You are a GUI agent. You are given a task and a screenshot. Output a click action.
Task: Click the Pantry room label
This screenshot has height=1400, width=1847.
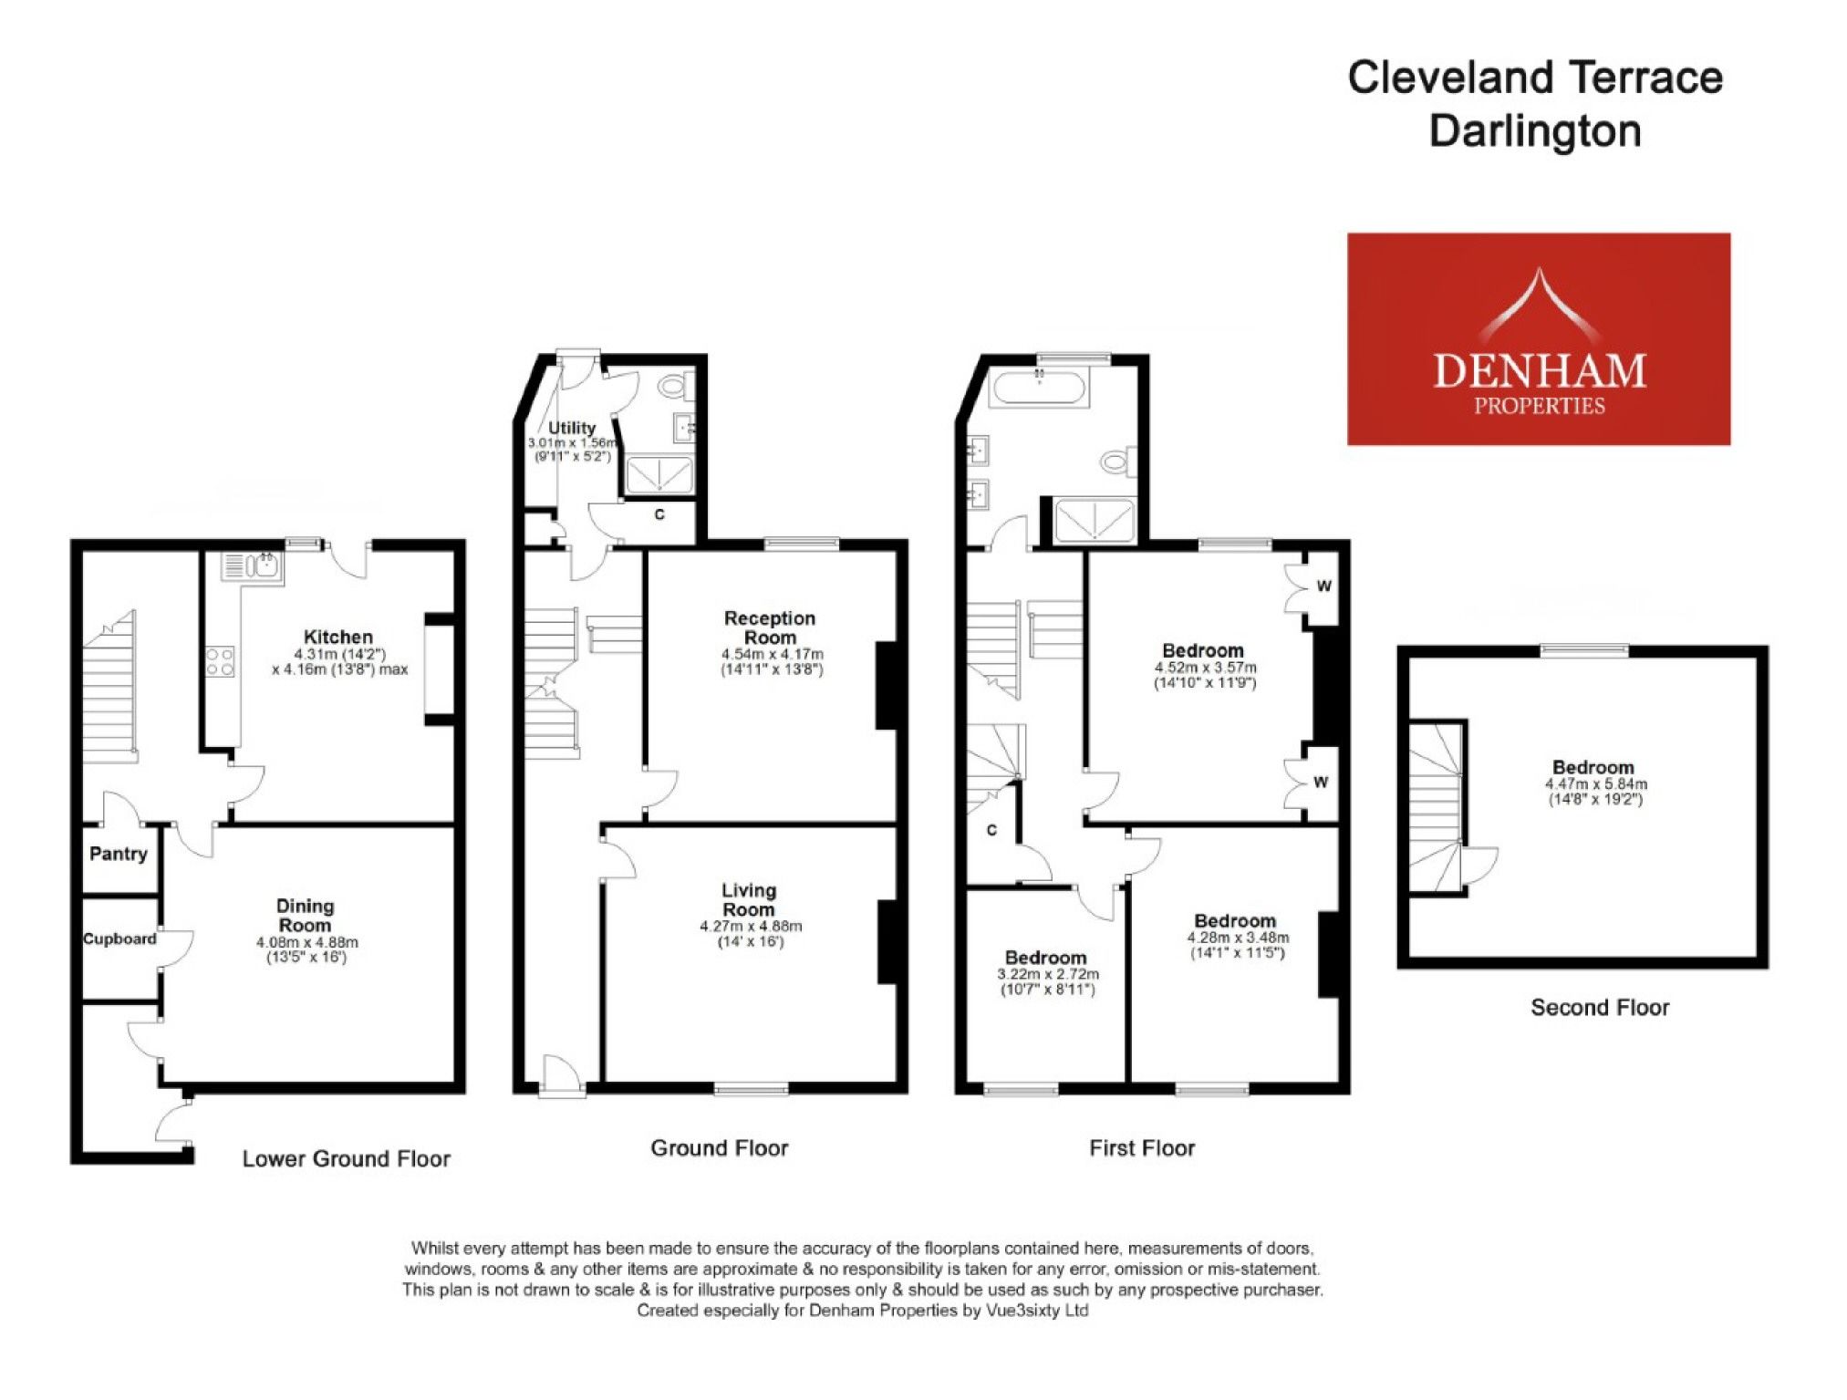pos(118,854)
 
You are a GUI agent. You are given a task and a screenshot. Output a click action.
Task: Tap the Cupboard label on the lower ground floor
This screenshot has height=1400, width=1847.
pos(119,939)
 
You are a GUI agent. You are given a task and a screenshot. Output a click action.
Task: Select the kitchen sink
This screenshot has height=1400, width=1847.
pos(253,567)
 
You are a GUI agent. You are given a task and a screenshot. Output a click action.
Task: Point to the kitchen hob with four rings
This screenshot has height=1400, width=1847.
pos(220,661)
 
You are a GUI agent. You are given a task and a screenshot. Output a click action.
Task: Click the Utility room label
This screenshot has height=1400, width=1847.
pos(572,428)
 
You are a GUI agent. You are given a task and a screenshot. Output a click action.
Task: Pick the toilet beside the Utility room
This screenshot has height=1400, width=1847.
pos(672,387)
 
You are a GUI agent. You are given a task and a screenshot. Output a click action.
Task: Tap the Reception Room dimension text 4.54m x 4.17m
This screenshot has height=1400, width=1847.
pos(772,654)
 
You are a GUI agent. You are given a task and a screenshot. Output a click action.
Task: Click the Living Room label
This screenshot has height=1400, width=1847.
pos(749,899)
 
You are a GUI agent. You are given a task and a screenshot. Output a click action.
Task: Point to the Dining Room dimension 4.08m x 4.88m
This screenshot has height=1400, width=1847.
pos(306,942)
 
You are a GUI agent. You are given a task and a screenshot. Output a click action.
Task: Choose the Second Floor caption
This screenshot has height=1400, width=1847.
pos(1600,1007)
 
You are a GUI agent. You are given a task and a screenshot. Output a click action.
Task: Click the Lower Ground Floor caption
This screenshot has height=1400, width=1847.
pos(346,1158)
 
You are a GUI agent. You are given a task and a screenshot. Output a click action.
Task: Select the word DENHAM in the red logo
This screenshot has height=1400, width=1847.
pos(1539,371)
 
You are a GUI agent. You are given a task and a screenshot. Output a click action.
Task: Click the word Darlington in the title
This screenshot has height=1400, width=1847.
pos(1535,130)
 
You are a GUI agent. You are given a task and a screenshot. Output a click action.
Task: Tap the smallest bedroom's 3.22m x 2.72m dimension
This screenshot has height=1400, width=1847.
pos(1047,974)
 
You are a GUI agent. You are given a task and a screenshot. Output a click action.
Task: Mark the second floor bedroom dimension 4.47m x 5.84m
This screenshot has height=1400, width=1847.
pos(1595,783)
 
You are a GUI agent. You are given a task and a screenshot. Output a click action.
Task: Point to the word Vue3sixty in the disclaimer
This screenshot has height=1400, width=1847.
pos(1024,1311)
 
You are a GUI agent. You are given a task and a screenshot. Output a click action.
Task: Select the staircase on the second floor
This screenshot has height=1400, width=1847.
pos(1436,807)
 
